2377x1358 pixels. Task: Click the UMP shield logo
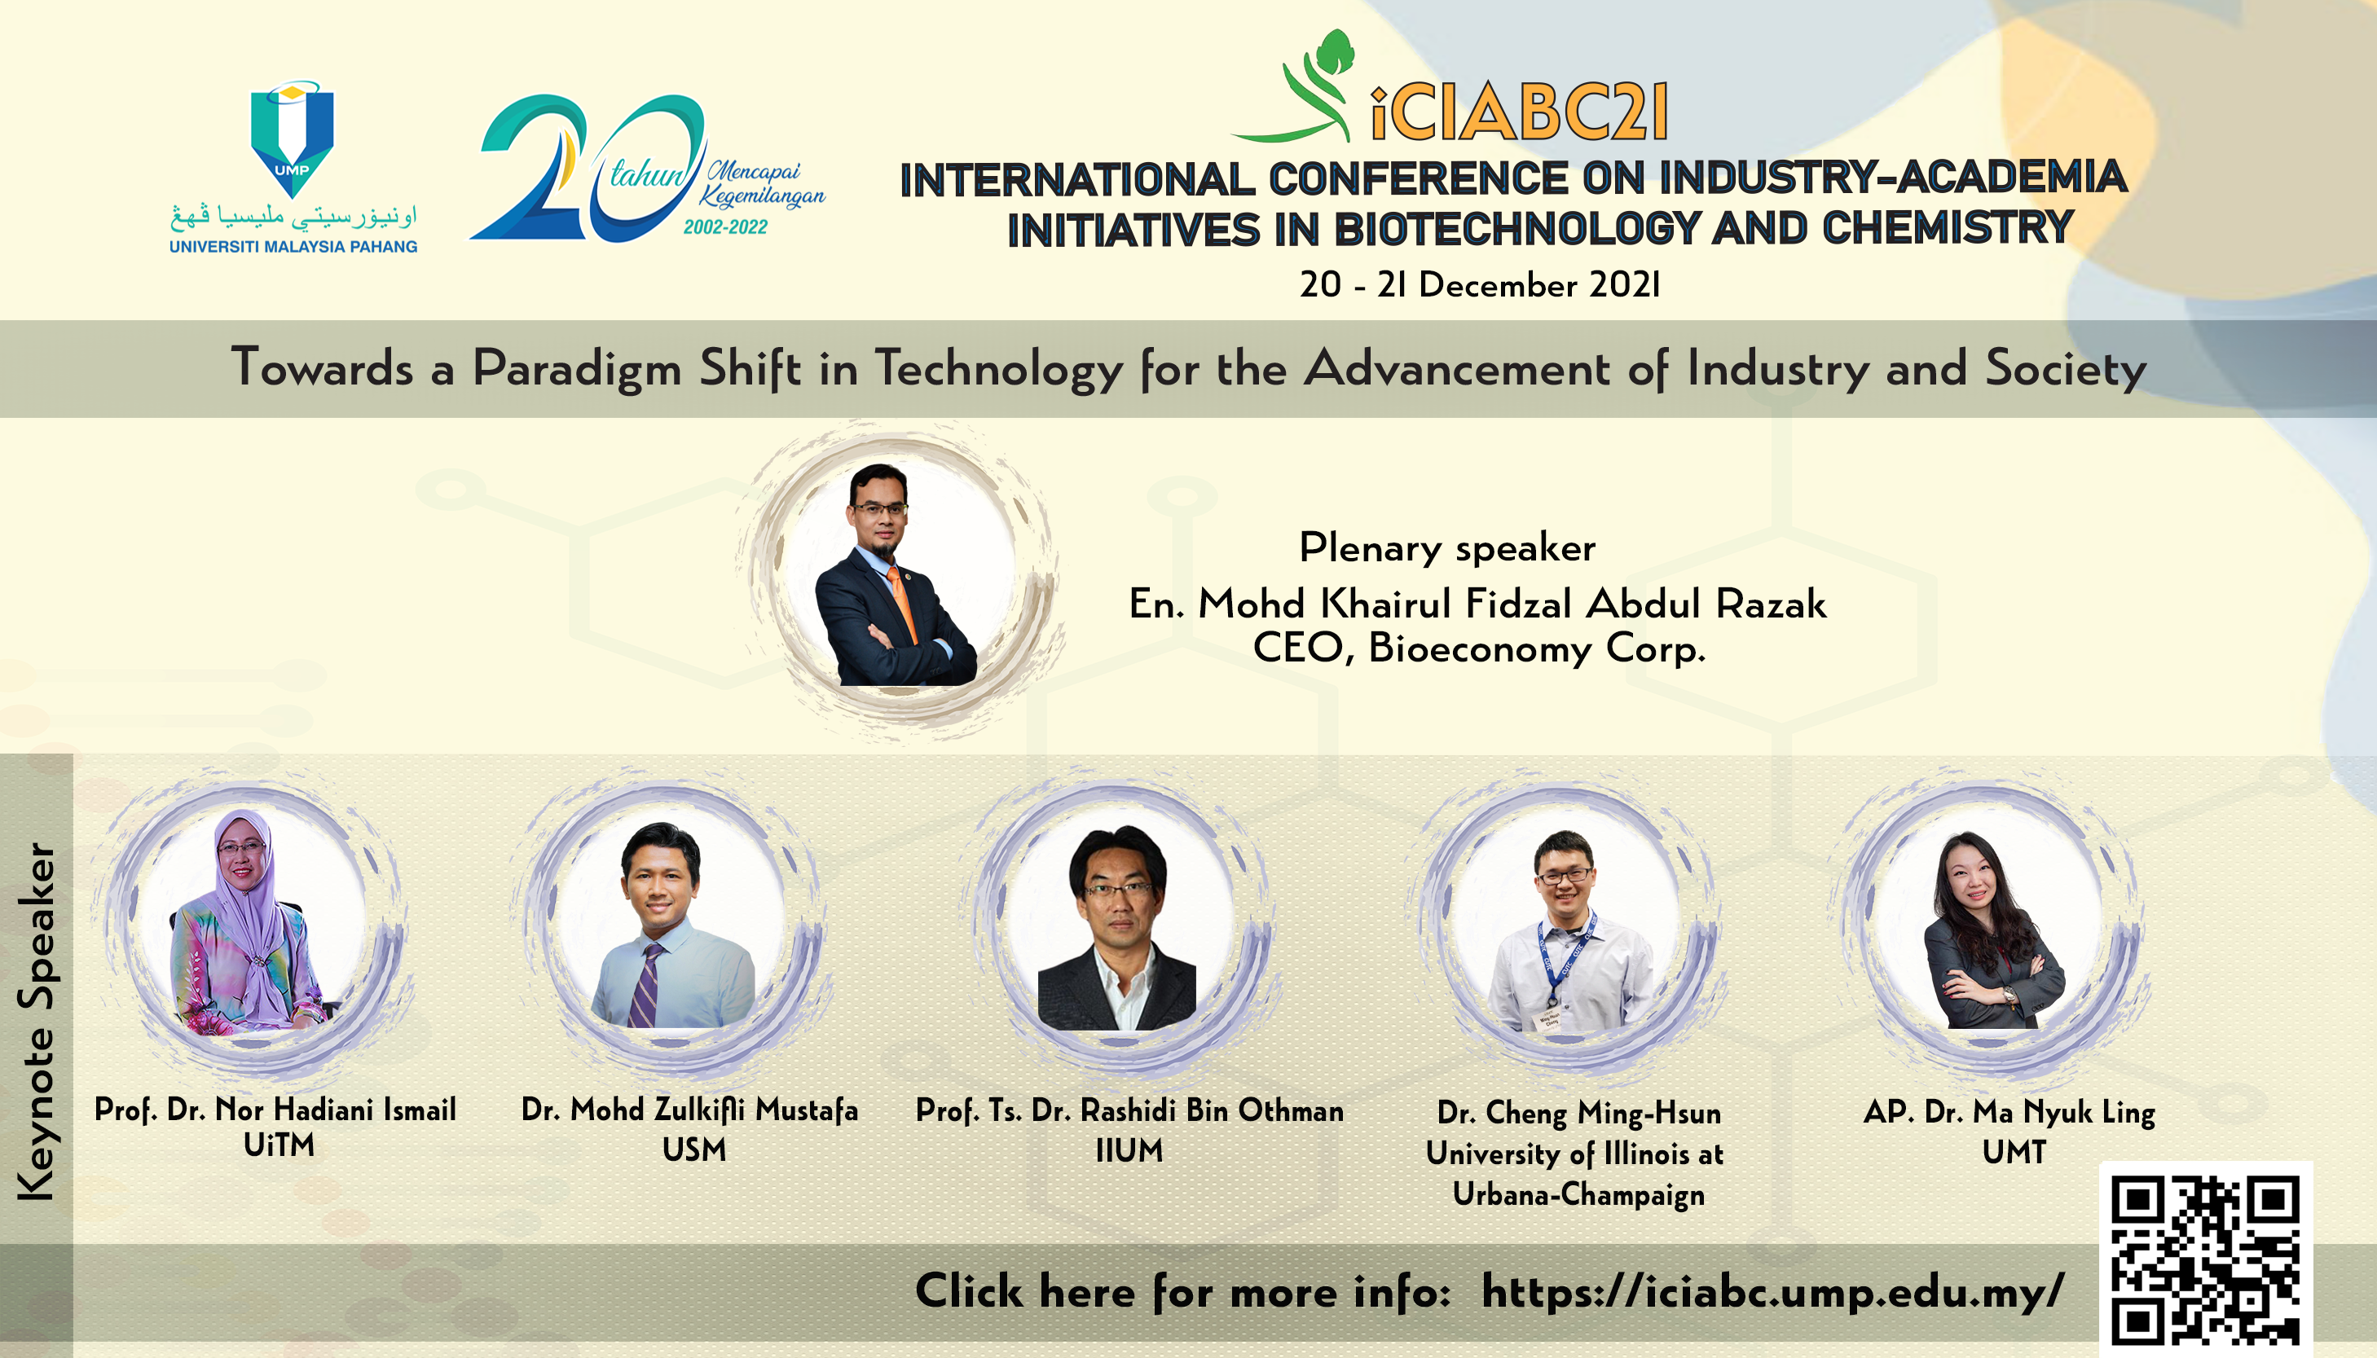coord(292,138)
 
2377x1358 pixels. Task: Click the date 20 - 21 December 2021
coord(1480,284)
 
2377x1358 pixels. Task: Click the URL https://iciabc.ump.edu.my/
coord(1772,1293)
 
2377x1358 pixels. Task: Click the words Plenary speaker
coord(1447,547)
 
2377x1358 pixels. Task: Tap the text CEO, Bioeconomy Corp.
coord(1479,648)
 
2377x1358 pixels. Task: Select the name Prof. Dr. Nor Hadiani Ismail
coord(275,1110)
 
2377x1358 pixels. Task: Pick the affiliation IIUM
coord(1129,1151)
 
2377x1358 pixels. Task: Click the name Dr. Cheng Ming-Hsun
coord(1578,1113)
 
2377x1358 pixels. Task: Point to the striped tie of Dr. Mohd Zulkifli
coord(646,984)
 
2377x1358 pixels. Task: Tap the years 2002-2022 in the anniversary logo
coord(725,226)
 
